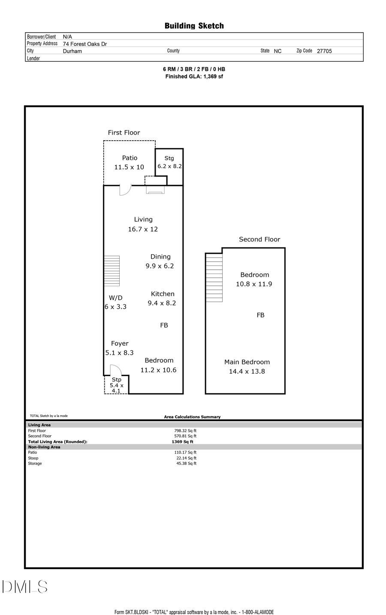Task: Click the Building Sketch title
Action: point(194,26)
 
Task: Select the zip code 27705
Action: point(324,51)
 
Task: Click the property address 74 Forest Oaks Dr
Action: point(85,44)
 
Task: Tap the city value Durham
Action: point(72,51)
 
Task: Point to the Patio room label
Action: point(130,158)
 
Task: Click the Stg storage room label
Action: point(169,158)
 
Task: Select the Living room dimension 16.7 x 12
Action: point(143,229)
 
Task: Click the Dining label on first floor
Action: point(160,256)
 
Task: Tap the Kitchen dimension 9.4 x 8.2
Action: point(162,303)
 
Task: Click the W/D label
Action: point(115,298)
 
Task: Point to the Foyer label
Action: point(120,344)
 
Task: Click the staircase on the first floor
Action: point(112,271)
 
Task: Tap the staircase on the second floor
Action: point(214,277)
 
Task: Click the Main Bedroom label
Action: point(247,362)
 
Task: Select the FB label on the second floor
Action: point(260,315)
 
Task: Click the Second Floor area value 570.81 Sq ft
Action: point(185,436)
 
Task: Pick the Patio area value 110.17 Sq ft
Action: point(185,452)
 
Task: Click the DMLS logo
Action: point(25,587)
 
